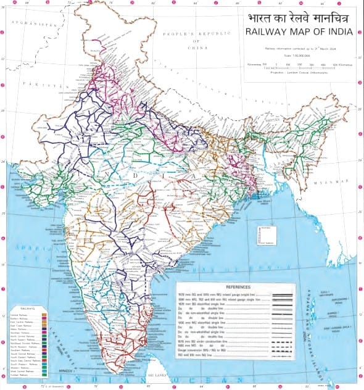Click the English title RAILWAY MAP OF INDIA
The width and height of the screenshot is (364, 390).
[x=297, y=31]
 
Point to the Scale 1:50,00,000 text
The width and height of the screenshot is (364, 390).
[x=298, y=54]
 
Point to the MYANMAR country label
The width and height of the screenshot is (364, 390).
[x=335, y=181]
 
